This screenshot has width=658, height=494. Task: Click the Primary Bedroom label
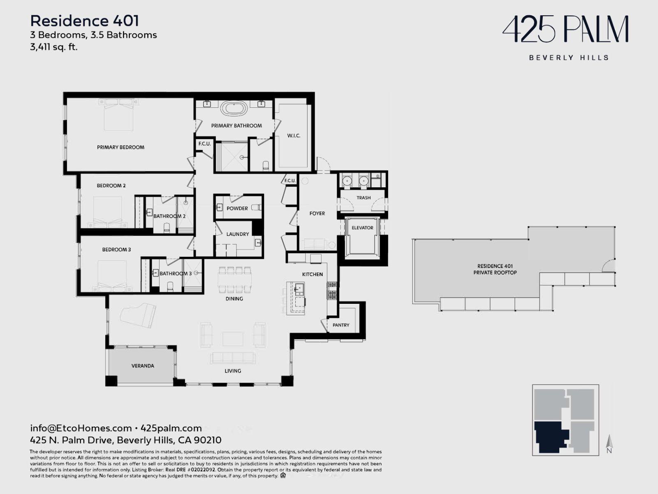pos(120,147)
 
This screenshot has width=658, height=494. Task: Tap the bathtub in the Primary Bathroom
pos(234,108)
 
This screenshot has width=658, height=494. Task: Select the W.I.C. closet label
pos(294,135)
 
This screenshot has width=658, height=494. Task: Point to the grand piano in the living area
pos(138,316)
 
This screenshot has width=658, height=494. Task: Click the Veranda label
pos(143,366)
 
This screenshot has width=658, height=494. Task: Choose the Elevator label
pos(362,228)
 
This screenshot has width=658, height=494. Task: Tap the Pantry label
pos(341,325)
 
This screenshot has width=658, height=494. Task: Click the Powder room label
pos(237,208)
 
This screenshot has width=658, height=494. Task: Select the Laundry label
pos(237,234)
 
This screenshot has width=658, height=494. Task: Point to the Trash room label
pos(363,198)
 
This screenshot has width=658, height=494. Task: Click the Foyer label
pos(317,213)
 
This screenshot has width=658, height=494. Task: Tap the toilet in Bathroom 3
pos(170,287)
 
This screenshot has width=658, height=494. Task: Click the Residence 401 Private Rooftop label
pos(495,269)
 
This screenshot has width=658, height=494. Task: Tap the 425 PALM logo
pos(565,29)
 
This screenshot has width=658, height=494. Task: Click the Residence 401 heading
pos(85,21)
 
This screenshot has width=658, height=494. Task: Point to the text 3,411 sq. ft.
pos(53,47)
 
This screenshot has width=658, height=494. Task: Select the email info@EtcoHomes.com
pos(81,428)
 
